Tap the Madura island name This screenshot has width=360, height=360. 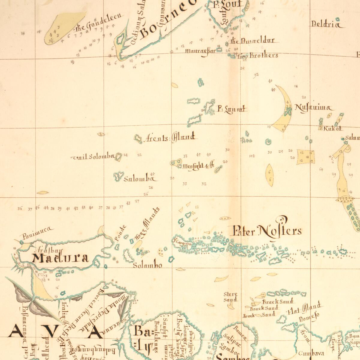(61, 258)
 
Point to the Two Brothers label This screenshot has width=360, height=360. (258, 55)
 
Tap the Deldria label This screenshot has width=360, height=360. (326, 24)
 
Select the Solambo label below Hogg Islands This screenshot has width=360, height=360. (148, 265)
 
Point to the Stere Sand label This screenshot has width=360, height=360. (230, 297)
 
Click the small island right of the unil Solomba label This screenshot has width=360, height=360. (119, 156)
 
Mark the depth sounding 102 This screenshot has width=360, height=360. (252, 156)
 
